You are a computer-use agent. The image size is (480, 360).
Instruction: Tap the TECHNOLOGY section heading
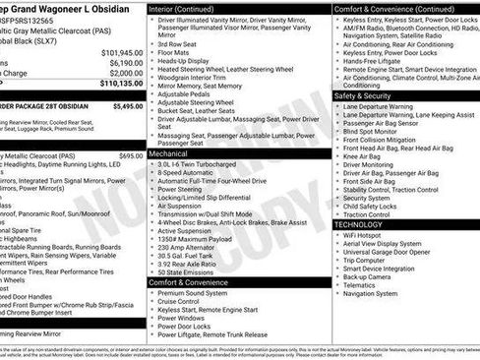coord(358,224)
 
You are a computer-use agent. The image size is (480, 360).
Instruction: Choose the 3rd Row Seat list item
coord(176,44)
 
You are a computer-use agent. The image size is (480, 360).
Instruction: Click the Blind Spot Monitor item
coord(370,131)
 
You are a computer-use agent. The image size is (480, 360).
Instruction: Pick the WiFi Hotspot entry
coord(362,235)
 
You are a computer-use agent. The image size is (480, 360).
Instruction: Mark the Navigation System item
coord(370,293)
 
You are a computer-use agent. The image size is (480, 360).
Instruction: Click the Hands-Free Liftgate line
coord(372,61)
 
